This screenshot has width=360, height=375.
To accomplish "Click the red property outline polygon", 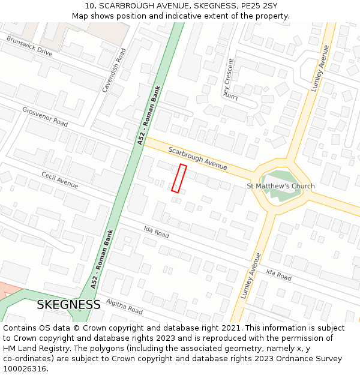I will coord(179,178).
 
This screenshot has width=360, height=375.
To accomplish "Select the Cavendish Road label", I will coord(114,70).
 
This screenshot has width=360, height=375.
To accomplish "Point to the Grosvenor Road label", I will coord(45,116).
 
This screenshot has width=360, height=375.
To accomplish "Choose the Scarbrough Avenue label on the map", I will coord(197,157).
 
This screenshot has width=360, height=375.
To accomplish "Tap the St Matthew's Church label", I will coord(281,186).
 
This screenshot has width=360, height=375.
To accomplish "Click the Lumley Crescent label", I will coord(228,79).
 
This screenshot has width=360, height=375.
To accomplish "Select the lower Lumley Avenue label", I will coord(251,275).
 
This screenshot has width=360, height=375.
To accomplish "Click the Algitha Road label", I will coord(124,307).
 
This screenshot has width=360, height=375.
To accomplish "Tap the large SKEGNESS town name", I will coord(68,305).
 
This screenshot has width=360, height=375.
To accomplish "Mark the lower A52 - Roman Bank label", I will coord(102,260).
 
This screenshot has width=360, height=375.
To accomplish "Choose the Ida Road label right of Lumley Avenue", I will coord(278,275).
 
